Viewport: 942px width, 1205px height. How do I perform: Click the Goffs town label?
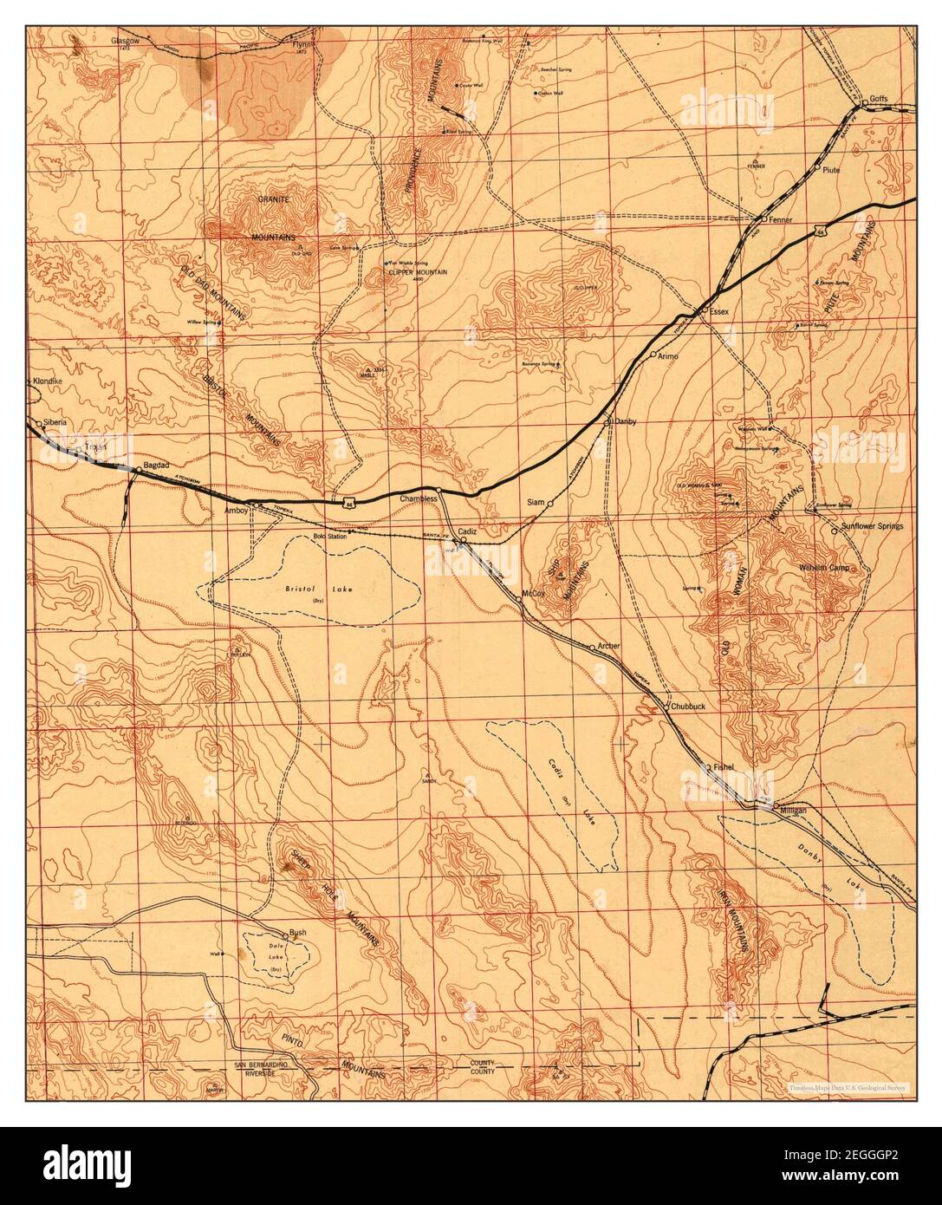tap(880, 98)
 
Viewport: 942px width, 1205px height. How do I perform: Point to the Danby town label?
tap(626, 421)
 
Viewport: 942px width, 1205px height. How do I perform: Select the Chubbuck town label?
tap(689, 707)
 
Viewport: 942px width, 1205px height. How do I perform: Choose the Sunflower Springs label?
tap(874, 526)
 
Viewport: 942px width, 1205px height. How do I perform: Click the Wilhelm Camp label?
tap(827, 568)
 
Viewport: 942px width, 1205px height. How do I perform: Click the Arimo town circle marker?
tap(653, 355)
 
